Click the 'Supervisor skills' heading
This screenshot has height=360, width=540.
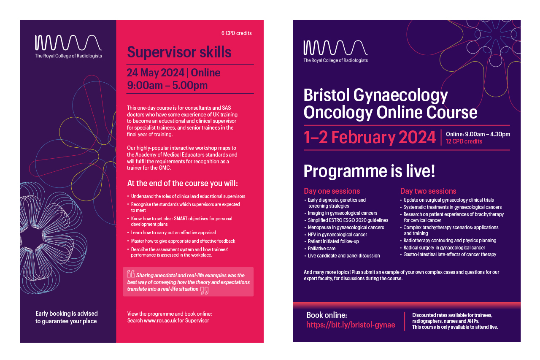179,52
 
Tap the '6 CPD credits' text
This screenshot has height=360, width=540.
237,33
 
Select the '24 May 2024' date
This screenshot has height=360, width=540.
156,73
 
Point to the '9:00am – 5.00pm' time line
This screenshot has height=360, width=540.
167,85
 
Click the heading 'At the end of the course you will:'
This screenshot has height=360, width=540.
183,183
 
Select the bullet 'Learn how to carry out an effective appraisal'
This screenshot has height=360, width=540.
173,233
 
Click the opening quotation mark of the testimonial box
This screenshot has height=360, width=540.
131,273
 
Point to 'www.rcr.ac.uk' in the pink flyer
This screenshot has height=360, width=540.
160,320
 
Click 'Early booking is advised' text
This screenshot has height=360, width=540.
67,314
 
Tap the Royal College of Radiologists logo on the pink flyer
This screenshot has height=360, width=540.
68,46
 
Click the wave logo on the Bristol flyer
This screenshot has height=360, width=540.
335,48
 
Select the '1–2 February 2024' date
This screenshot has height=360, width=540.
370,137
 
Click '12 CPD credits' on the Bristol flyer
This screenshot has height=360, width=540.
464,141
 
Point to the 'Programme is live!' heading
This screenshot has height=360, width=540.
369,171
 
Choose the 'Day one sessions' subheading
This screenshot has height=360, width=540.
332,191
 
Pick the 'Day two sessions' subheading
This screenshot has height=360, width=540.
428,191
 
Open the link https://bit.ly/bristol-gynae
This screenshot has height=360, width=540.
351,325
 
